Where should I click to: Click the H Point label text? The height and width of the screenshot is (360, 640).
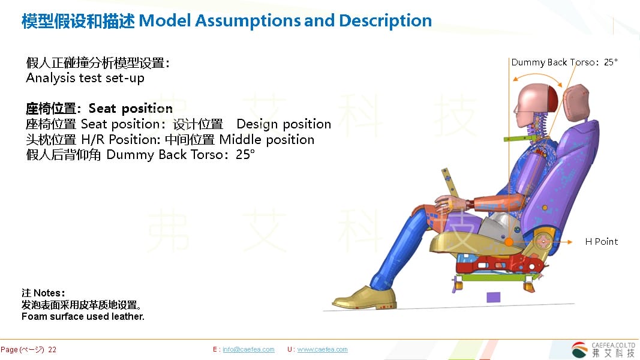[601, 242]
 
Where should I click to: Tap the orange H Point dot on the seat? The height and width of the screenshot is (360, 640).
[509, 242]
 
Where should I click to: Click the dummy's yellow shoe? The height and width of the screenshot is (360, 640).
[364, 298]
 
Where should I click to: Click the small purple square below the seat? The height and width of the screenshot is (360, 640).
[493, 297]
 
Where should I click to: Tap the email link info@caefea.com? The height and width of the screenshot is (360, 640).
[248, 349]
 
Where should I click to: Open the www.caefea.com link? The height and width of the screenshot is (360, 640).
[323, 349]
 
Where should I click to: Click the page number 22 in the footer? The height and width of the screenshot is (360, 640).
[52, 350]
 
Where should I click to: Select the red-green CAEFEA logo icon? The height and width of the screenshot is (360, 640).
[579, 350]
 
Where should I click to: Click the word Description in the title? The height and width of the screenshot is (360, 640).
[385, 21]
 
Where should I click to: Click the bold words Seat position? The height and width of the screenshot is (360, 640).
[131, 109]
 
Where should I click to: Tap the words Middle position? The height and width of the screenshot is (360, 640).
[267, 140]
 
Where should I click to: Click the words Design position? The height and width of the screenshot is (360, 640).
[284, 124]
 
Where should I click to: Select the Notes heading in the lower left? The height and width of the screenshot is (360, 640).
[43, 293]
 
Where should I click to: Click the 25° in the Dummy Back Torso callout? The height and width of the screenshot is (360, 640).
[611, 62]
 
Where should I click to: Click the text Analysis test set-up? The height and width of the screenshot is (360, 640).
[85, 78]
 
